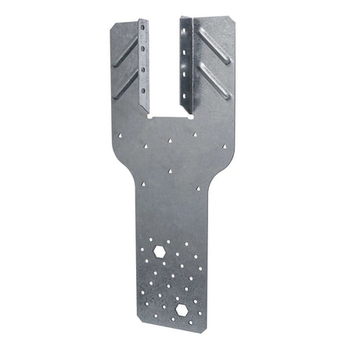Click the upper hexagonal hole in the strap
click(x=160, y=251)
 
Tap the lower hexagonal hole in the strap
click(x=182, y=310)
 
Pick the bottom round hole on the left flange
click(x=146, y=81)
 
